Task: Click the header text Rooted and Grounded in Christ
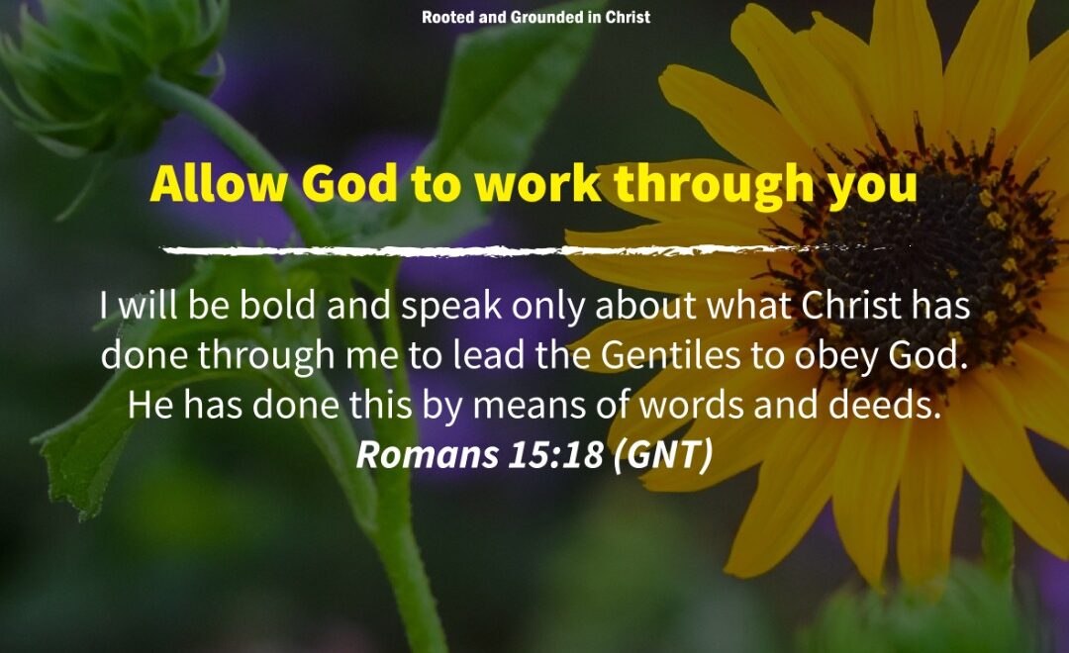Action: point(535,17)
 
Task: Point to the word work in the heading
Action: point(537,184)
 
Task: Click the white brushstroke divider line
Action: point(535,250)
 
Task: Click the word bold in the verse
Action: point(278,305)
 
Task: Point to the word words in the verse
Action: point(691,405)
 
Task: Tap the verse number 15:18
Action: point(555,454)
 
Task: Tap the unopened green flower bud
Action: point(109,68)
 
